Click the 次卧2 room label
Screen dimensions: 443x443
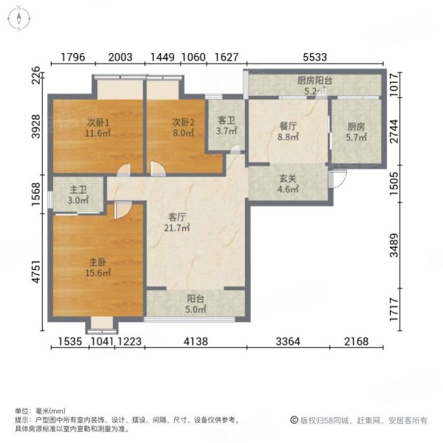click(x=183, y=122)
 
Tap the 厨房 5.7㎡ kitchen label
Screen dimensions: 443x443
click(x=356, y=127)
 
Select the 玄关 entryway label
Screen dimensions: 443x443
click(x=287, y=179)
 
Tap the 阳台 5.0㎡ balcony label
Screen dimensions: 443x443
click(x=196, y=299)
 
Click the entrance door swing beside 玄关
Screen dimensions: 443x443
click(x=338, y=178)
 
